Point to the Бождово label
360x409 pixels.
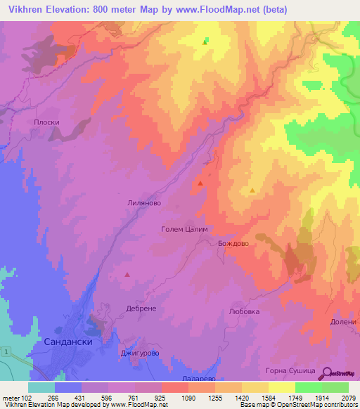(x=234, y=242)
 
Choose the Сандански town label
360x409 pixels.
(x=68, y=340)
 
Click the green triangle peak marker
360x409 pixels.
(x=205, y=42)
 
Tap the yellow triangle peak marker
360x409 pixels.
(x=252, y=190)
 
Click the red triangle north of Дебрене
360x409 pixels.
(x=127, y=275)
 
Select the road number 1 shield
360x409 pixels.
(x=6, y=350)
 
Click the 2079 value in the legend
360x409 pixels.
(x=348, y=398)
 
